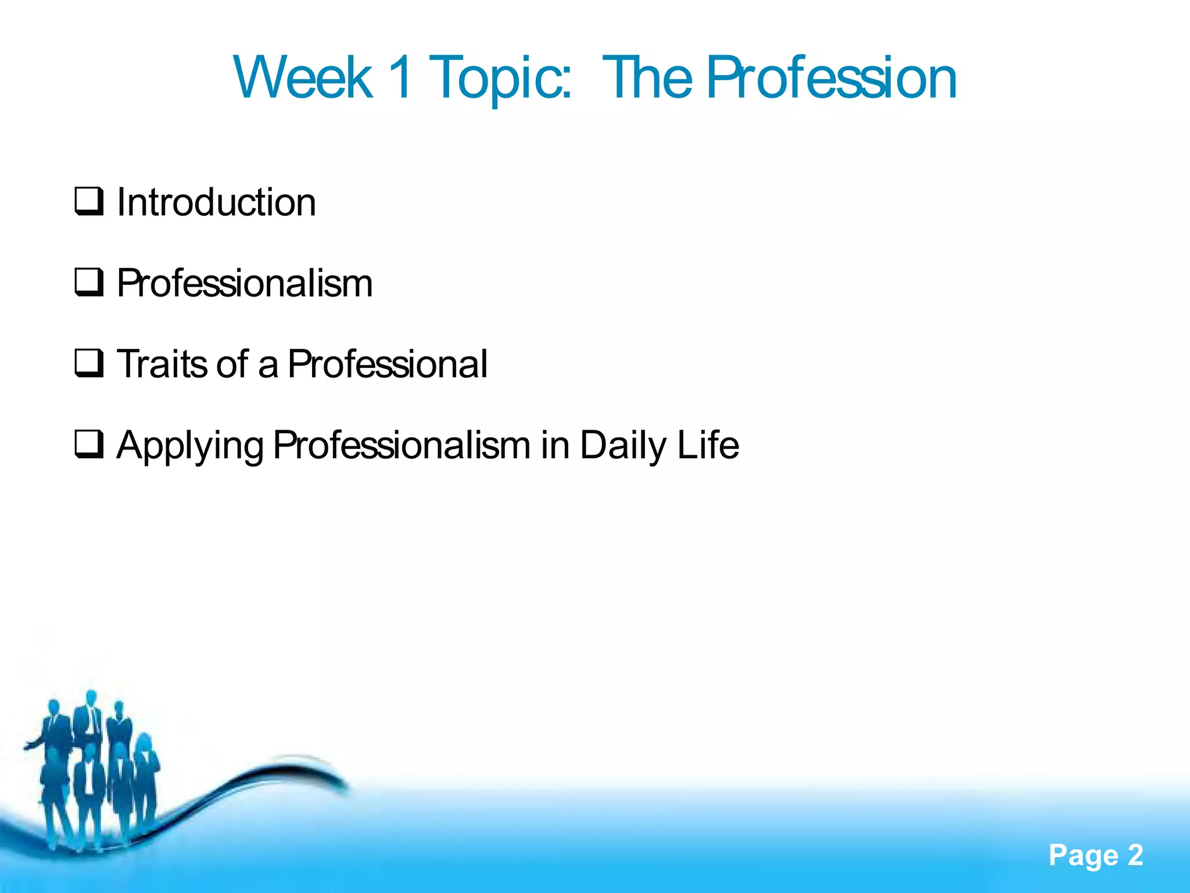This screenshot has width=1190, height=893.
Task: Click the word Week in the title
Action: tap(303, 78)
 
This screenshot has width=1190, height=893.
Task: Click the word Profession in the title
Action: tap(831, 78)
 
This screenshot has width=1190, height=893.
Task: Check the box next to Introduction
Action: tap(89, 201)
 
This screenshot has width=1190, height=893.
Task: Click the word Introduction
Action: tap(216, 202)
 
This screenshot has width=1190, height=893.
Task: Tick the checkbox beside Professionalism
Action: tap(89, 282)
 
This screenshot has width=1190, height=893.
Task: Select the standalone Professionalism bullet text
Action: tap(245, 283)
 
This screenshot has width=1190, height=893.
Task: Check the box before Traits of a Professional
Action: tap(89, 363)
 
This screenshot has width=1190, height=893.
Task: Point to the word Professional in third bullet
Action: tap(388, 364)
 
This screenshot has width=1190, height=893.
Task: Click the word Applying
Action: tap(190, 446)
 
